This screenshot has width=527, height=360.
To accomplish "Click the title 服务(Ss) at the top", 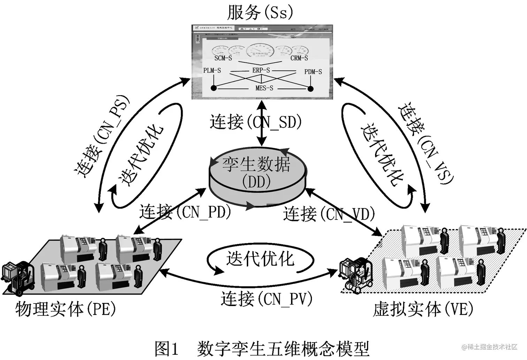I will [x=260, y=13].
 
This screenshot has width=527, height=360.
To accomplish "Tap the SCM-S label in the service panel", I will [x=223, y=58].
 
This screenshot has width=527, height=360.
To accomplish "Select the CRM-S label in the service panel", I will [x=299, y=58].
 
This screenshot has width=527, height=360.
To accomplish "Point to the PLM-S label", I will [x=212, y=71].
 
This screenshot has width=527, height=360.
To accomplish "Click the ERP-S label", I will [x=261, y=70].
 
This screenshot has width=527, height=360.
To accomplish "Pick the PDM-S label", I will [x=313, y=72].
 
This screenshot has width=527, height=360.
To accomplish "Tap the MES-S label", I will [x=264, y=88].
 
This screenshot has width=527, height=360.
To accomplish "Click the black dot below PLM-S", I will [x=214, y=88].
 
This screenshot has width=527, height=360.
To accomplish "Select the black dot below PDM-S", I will [x=310, y=89].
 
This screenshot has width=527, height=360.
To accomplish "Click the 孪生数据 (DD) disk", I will [x=257, y=174].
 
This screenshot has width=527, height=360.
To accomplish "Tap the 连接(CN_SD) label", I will [x=255, y=122].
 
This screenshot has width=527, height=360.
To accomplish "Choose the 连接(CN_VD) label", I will [x=329, y=214].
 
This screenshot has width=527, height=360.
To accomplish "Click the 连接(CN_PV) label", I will [x=266, y=299].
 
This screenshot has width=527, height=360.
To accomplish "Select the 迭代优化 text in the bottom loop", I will [x=260, y=259].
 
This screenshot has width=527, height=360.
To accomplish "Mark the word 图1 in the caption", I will [x=167, y=348].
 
